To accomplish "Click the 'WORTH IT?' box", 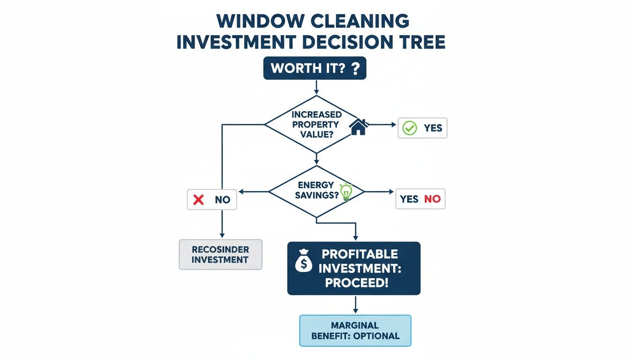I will pos(315,68).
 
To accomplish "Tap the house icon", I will pos(359,127).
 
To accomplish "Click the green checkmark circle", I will pos(410,128).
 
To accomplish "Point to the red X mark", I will pos(199,200).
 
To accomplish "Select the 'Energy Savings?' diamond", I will pos(317,191).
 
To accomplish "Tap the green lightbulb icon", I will pos(346,192).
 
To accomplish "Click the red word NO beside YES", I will pos(432,199).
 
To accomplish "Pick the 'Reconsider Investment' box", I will pos(220,255).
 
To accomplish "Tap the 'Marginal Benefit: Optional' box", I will pos(355,330).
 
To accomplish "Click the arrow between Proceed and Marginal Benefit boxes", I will pos(355,305).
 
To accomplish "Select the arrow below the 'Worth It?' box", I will pos(316,86).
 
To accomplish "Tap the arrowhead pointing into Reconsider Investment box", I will pos(221,234).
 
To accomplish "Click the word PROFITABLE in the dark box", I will pos(360,255).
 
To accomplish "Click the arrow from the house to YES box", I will pos(382,125).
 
